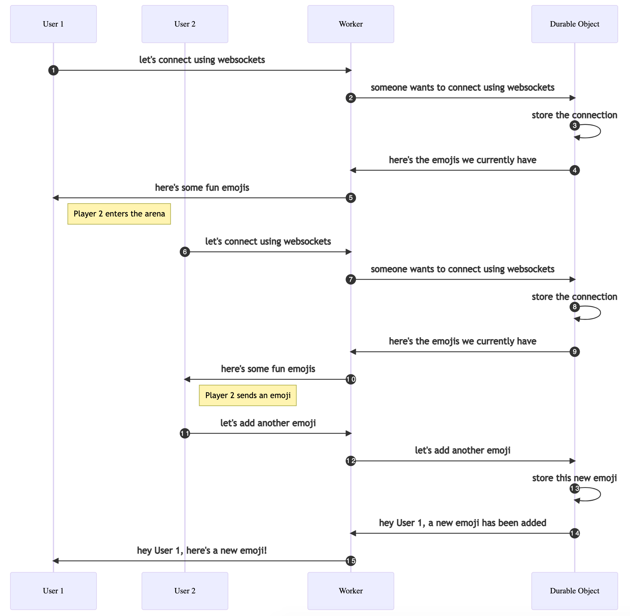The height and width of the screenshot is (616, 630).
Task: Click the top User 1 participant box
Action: pos(53,24)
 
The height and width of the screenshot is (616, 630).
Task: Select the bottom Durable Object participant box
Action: pos(574,591)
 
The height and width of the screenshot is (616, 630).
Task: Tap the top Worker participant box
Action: pos(351,24)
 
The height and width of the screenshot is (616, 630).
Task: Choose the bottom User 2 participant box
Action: pos(185,591)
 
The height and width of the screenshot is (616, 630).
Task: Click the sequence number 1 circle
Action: pos(53,70)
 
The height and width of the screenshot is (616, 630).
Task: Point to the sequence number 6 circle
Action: pos(185,252)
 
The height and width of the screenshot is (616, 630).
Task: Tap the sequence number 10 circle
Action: pos(351,379)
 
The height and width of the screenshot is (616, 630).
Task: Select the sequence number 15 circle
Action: pos(351,561)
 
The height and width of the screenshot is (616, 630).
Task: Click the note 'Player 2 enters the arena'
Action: pos(119,214)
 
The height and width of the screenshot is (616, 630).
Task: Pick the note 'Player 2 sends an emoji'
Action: pos(248,395)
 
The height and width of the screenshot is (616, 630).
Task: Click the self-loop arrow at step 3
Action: pos(596,131)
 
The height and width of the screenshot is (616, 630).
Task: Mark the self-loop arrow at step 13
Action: pos(596,494)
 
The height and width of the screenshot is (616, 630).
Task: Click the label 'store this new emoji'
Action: pos(574,478)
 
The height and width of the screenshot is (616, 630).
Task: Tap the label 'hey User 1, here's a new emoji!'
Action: pos(202,550)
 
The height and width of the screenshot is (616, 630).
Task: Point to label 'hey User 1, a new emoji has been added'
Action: pos(462,523)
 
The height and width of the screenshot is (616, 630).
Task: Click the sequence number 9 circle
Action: pos(574,352)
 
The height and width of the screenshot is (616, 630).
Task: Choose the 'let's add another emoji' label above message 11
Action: pos(268,423)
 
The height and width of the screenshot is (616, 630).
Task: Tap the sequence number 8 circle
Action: pos(574,307)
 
